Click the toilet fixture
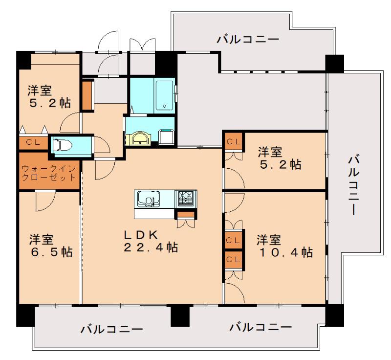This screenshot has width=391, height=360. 62,145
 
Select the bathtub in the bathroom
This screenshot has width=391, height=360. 165,95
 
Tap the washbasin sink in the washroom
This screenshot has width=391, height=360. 138,138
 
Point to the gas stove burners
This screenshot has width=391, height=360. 186,198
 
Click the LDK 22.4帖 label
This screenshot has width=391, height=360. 151,241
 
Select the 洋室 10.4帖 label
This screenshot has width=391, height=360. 284,246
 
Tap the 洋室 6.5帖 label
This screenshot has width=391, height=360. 51,246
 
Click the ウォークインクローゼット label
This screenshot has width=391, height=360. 48,173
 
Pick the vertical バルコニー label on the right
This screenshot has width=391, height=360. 353,184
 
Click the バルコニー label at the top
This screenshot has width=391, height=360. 248,40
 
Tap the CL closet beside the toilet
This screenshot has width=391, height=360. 34,143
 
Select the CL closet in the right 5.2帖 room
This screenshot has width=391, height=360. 234,142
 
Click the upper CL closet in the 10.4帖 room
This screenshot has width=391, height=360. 234,240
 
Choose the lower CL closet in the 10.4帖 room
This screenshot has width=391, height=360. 234,259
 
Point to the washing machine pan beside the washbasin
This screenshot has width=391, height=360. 166,136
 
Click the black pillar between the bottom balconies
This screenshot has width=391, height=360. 180,315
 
